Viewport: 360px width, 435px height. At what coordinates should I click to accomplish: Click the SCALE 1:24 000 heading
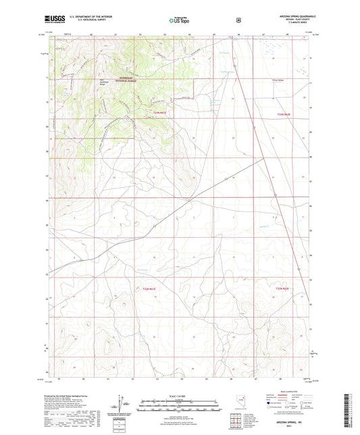point(180,395)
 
